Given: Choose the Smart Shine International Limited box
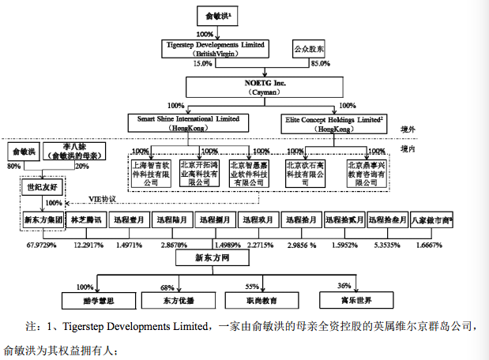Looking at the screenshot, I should pyautogui.click(x=187, y=122).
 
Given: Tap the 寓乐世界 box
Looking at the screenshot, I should pyautogui.click(x=344, y=300).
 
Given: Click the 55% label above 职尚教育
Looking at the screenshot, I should pyautogui.click(x=253, y=286).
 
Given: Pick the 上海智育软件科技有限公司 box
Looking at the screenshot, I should pyautogui.click(x=152, y=172).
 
